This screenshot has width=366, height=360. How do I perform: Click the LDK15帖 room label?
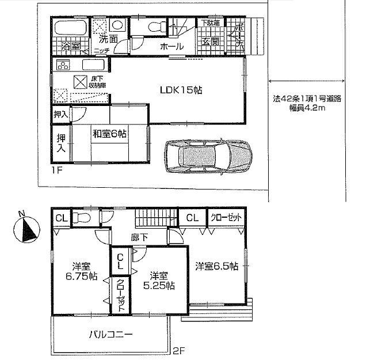click(180, 90)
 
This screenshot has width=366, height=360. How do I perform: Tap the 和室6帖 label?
click(109, 134)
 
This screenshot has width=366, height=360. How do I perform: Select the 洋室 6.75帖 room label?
click(81, 271)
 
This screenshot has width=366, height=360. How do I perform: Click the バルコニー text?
click(111, 334)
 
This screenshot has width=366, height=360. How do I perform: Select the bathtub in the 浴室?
click(70, 27)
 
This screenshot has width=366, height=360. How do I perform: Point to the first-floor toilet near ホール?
click(154, 26)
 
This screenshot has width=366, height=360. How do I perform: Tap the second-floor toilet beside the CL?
click(82, 218)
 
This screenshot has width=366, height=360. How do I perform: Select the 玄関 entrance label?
click(209, 41)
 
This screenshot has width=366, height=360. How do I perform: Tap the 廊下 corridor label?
click(137, 236)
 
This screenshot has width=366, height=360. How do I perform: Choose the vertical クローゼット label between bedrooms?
click(120, 295)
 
